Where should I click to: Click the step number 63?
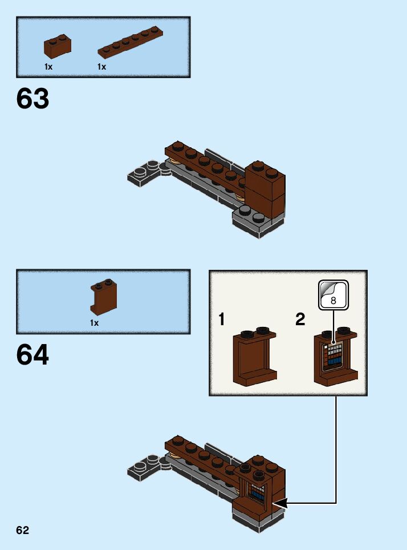33,99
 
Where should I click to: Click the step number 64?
33,355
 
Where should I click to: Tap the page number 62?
22,531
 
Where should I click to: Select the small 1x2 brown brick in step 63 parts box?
58,46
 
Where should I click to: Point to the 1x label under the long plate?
101,67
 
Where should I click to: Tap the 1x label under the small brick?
48,67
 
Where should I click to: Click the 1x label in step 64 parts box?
94,323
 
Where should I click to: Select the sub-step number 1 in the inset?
221,320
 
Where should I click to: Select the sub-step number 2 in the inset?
300,320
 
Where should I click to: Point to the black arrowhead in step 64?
280,503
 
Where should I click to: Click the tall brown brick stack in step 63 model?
266,191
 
